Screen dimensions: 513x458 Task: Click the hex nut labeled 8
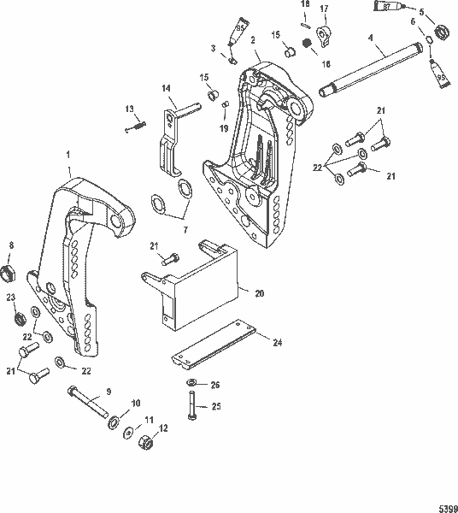[x=12, y=274]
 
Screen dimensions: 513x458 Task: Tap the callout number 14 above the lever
[x=166, y=87]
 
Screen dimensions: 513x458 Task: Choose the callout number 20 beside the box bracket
[x=260, y=293]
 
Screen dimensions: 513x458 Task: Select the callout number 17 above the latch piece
[x=324, y=9]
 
